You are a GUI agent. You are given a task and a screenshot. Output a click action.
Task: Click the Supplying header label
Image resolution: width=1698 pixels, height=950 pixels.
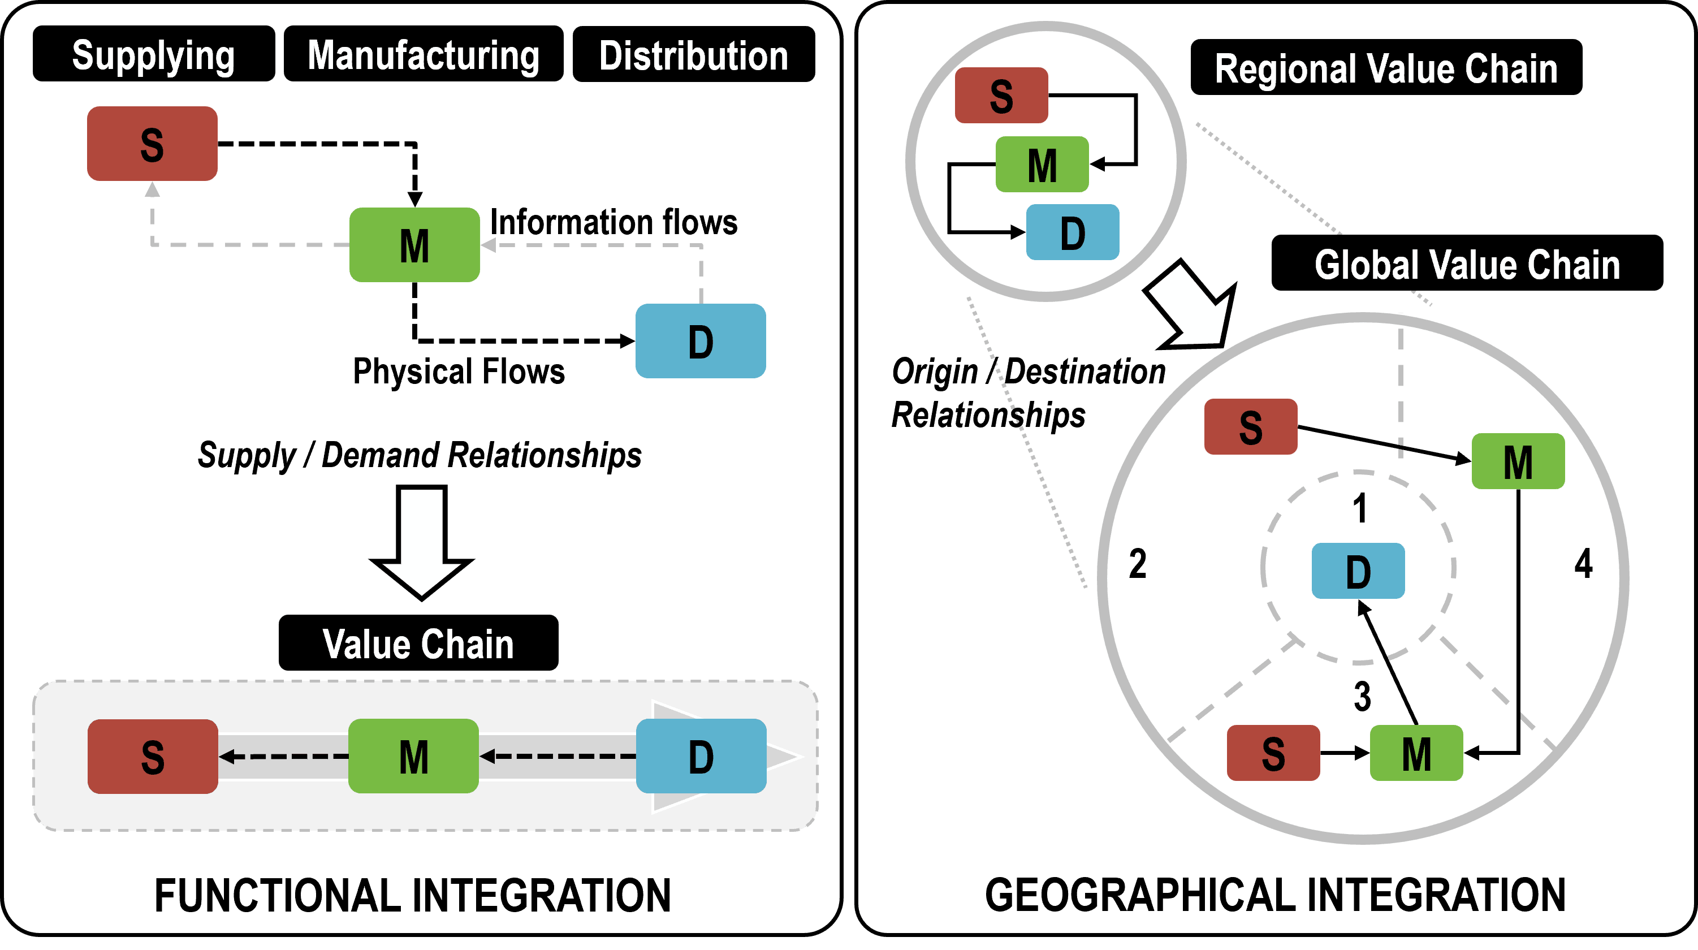pyautogui.click(x=154, y=54)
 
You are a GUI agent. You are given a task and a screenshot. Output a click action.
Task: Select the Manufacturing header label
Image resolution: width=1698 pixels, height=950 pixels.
pyautogui.click(x=423, y=54)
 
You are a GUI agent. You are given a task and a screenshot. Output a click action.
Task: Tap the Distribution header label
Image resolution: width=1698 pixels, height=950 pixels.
pyautogui.click(x=693, y=54)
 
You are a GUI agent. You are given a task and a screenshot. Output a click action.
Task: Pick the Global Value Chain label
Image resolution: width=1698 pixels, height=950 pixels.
pyautogui.click(x=1467, y=263)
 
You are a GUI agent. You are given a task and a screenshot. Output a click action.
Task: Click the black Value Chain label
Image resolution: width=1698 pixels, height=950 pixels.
pyautogui.click(x=418, y=643)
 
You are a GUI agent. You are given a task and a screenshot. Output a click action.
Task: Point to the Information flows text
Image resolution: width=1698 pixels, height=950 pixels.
pyautogui.click(x=613, y=222)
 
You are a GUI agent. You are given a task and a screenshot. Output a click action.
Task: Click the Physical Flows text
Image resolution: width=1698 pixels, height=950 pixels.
pyautogui.click(x=459, y=370)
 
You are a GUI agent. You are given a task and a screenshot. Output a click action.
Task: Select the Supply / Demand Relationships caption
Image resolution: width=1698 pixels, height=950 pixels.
pyautogui.click(x=419, y=455)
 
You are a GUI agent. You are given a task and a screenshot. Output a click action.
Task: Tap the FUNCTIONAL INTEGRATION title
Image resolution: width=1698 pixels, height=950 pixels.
pyautogui.click(x=413, y=895)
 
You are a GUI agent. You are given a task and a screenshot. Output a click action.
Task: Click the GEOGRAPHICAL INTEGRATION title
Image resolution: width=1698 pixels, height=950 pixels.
pyautogui.click(x=1275, y=895)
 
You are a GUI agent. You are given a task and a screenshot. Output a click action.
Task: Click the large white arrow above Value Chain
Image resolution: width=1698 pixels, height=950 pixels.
pyautogui.click(x=422, y=541)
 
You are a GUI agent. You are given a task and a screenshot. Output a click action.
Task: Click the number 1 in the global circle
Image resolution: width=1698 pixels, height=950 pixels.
pyautogui.click(x=1359, y=508)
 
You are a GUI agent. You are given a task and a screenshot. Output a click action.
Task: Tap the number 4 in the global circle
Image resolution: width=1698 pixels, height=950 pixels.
pyautogui.click(x=1583, y=564)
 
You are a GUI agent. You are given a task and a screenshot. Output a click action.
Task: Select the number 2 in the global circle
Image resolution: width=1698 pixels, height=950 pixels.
pyautogui.click(x=1138, y=564)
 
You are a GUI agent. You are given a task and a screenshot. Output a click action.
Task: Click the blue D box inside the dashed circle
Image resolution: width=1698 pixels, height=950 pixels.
pyautogui.click(x=1358, y=571)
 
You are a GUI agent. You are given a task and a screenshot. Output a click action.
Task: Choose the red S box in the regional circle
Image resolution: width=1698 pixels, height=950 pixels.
pyautogui.click(x=1001, y=95)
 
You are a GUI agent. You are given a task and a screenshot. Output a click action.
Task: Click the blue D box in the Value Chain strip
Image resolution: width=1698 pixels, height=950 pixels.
pyautogui.click(x=701, y=755)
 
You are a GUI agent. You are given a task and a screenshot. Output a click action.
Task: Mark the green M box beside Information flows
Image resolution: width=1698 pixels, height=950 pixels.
pyautogui.click(x=414, y=245)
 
